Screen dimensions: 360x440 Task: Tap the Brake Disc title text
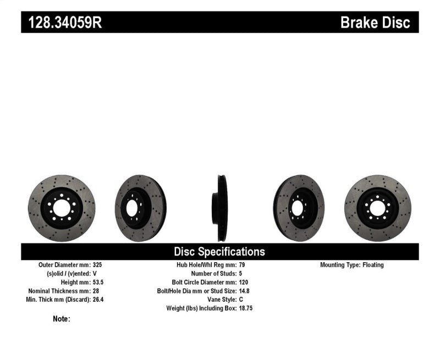375,23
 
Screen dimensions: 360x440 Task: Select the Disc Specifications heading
219,252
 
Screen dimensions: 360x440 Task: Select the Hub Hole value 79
243,265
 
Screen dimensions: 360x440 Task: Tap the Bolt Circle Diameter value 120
244,282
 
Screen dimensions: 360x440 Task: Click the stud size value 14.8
245,291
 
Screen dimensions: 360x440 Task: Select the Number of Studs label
213,273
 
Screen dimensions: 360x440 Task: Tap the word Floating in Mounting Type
373,265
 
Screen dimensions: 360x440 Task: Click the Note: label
62,319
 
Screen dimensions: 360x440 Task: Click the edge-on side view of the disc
221,208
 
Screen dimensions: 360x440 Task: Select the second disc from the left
141,208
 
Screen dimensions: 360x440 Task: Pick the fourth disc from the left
299,208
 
